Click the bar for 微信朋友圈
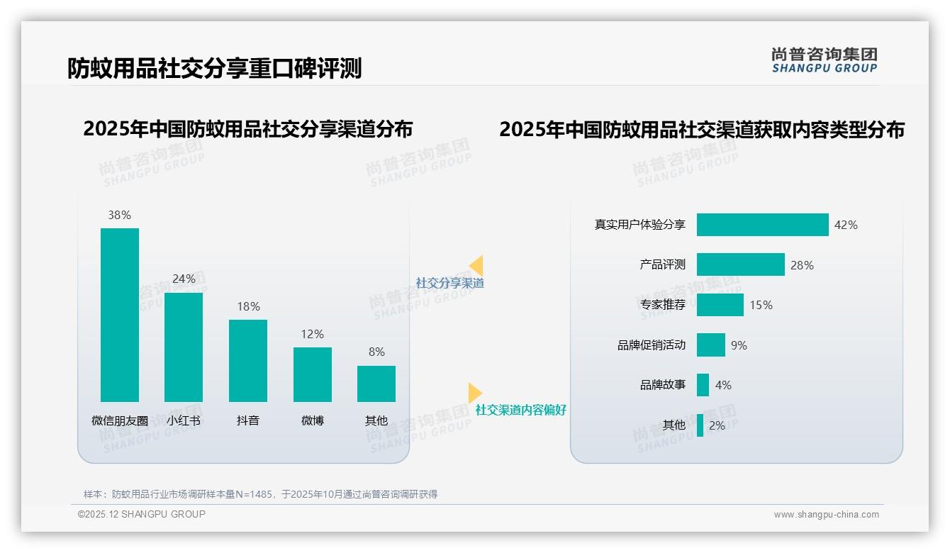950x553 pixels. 120,315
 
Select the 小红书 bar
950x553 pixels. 184,347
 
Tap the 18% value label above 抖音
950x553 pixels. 248,306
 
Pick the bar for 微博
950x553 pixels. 313,374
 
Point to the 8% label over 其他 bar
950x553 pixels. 376,352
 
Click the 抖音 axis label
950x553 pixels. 248,420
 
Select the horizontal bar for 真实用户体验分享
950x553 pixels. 762,225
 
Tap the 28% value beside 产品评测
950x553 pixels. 802,265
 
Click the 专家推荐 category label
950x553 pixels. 663,305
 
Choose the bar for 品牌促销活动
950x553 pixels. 711,345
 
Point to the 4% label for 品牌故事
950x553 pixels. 723,385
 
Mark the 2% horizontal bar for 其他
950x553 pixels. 700,425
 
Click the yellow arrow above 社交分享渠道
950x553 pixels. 476,266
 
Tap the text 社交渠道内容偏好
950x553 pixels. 521,410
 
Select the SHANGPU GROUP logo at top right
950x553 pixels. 824,60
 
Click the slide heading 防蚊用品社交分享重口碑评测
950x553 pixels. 214,68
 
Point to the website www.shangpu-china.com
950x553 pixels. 826,515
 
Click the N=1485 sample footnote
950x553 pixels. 260,494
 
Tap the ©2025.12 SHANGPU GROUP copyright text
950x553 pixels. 142,514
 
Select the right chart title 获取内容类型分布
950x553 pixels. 702,130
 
